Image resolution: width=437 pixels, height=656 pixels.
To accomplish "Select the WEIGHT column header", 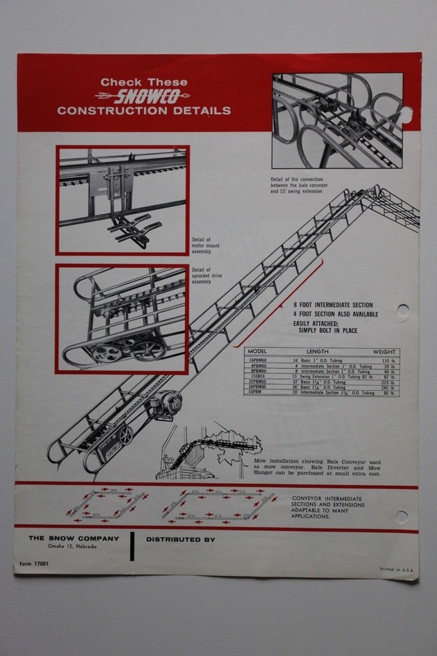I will coord(384,351).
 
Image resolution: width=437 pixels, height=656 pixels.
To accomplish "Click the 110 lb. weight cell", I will coord(389,359).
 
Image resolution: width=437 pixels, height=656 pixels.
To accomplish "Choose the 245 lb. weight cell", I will coord(389,387).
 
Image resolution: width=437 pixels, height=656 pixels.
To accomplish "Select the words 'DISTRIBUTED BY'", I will coord(180,539).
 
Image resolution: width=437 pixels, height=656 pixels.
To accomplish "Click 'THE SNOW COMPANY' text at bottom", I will coord(74,538).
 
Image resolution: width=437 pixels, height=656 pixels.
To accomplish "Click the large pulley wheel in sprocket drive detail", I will coord(148,351).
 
